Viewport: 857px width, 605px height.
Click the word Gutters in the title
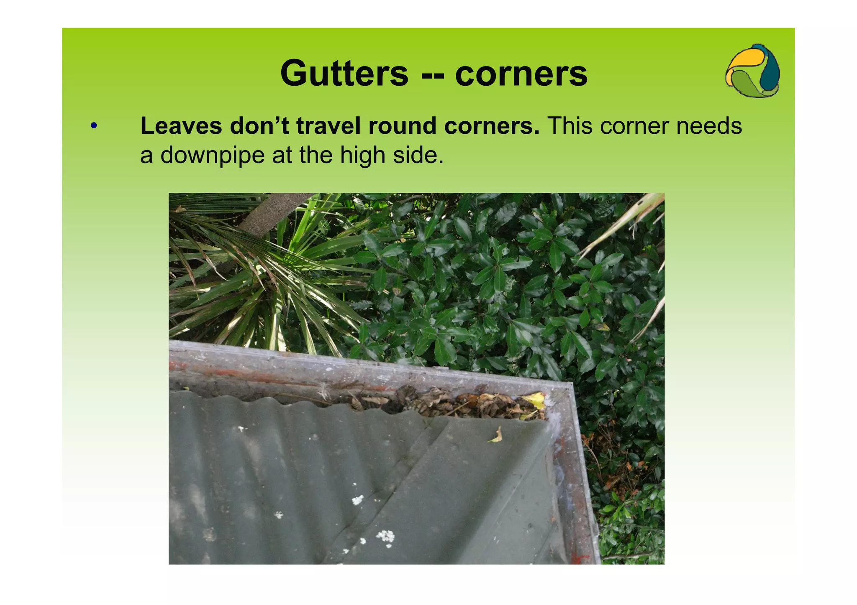pyautogui.click(x=344, y=74)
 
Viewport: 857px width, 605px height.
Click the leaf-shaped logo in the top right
pyautogui.click(x=752, y=71)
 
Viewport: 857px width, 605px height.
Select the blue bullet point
pyautogui.click(x=94, y=125)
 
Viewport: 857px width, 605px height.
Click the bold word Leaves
pyautogui.click(x=181, y=126)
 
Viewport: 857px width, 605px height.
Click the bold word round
pyautogui.click(x=402, y=126)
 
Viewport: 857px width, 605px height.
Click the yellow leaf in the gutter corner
pyautogui.click(x=535, y=400)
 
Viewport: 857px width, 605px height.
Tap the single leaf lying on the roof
pyautogui.click(x=496, y=436)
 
